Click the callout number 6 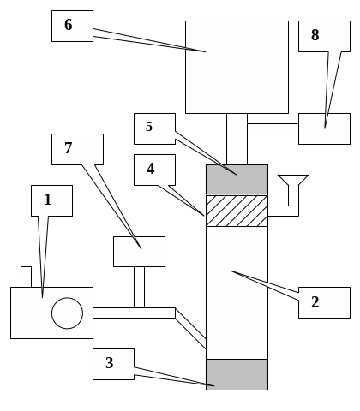click(69, 25)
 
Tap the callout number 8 click(315, 35)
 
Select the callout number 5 click(149, 127)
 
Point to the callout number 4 click(151, 169)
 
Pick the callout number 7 click(69, 148)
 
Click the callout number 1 click(48, 200)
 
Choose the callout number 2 click(315, 302)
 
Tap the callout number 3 click(110, 363)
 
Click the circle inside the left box click(68, 313)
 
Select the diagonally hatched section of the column click(237, 211)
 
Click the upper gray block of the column click(237, 180)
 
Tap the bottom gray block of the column click(237, 374)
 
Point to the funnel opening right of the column click(293, 180)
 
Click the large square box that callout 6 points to click(237, 67)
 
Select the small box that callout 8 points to click(324, 128)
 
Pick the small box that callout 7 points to click(139, 252)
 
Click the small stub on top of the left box click(26, 277)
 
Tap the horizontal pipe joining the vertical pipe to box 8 click(273, 128)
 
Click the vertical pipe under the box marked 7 click(139, 288)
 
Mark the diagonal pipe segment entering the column click(190, 328)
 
